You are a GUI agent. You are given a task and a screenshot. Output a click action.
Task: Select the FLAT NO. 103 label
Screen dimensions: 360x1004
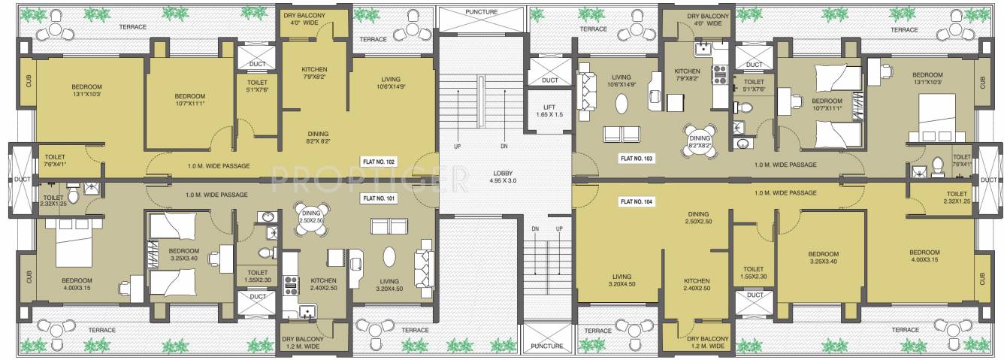point(637,159)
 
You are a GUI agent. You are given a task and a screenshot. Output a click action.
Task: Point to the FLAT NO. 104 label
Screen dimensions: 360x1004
point(637,201)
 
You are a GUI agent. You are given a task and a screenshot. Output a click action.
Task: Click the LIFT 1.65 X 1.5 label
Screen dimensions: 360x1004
point(549,110)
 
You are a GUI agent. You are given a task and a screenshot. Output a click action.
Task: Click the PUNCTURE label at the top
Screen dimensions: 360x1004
point(482,12)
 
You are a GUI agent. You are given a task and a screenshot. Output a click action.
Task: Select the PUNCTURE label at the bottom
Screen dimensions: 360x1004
point(546,346)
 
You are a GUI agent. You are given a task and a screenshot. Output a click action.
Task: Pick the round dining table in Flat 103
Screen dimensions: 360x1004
point(699,138)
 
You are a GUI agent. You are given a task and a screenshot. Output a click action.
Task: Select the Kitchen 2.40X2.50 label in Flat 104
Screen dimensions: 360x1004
point(697,284)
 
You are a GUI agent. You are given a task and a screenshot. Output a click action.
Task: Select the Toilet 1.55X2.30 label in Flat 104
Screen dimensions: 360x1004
point(753,273)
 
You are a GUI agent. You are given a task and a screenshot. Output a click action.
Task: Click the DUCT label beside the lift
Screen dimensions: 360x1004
point(549,80)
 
